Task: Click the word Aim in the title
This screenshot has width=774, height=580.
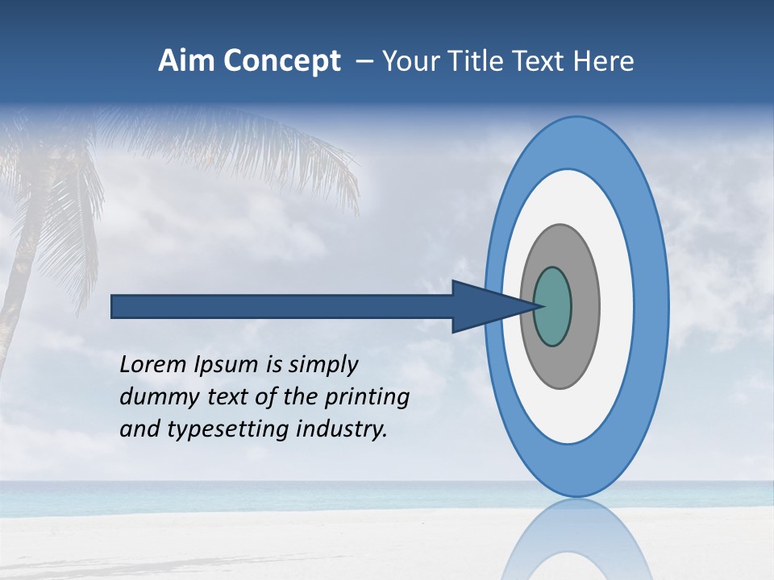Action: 185,61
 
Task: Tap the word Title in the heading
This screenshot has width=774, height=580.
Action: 476,61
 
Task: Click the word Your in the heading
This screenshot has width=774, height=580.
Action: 411,61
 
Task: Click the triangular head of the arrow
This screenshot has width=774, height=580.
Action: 484,307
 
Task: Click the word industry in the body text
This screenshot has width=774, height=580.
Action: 342,429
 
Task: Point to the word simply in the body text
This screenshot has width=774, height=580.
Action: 322,366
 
